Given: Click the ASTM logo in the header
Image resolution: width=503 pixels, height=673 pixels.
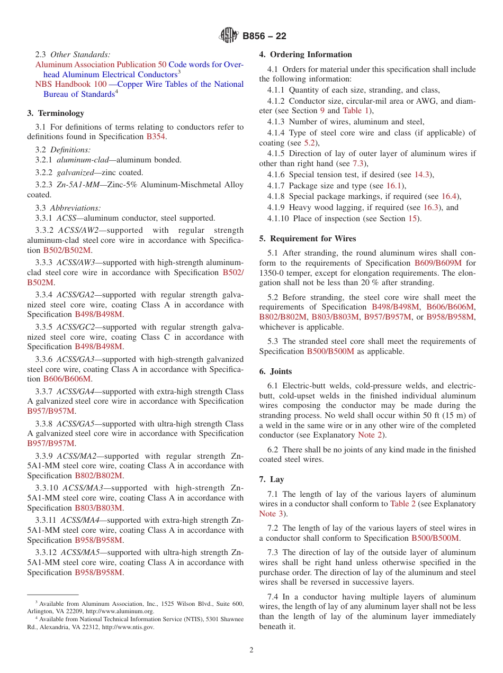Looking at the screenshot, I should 229,36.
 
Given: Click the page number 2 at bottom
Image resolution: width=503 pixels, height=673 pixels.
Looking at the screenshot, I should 251,650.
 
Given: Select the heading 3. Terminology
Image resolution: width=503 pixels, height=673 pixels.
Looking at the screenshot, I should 56,113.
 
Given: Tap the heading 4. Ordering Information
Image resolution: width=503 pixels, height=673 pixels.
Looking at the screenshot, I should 306,54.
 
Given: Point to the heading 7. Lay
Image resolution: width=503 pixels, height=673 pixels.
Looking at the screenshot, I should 272,479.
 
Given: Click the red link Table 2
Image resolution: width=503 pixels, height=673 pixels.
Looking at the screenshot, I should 402,504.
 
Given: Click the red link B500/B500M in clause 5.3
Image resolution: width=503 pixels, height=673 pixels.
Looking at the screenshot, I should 330,351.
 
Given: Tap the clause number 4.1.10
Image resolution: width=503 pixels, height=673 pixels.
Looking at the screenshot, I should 279,219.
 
